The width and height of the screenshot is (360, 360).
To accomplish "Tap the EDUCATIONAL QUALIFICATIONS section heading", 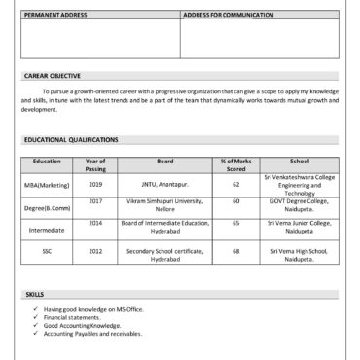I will coord(71,139).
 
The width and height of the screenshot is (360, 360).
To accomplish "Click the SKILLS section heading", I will coord(35,294).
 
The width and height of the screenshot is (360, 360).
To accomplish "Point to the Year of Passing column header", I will coord(95,164).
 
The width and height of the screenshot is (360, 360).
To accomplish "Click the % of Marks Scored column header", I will coord(236,164).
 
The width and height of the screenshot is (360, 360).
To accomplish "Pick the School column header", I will coord(300,161).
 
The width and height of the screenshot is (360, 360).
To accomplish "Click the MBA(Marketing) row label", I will coord(47,184).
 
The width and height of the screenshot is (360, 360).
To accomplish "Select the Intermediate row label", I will coord(47,230).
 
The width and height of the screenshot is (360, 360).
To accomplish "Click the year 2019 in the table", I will coord(95,184).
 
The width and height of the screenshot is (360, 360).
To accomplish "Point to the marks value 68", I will coord(236,251).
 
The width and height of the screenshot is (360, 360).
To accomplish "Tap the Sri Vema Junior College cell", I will coord(300,226).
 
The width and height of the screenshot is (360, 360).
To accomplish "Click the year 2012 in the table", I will coord(95,251).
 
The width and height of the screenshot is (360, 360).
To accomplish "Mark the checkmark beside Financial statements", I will coord(34,317).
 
